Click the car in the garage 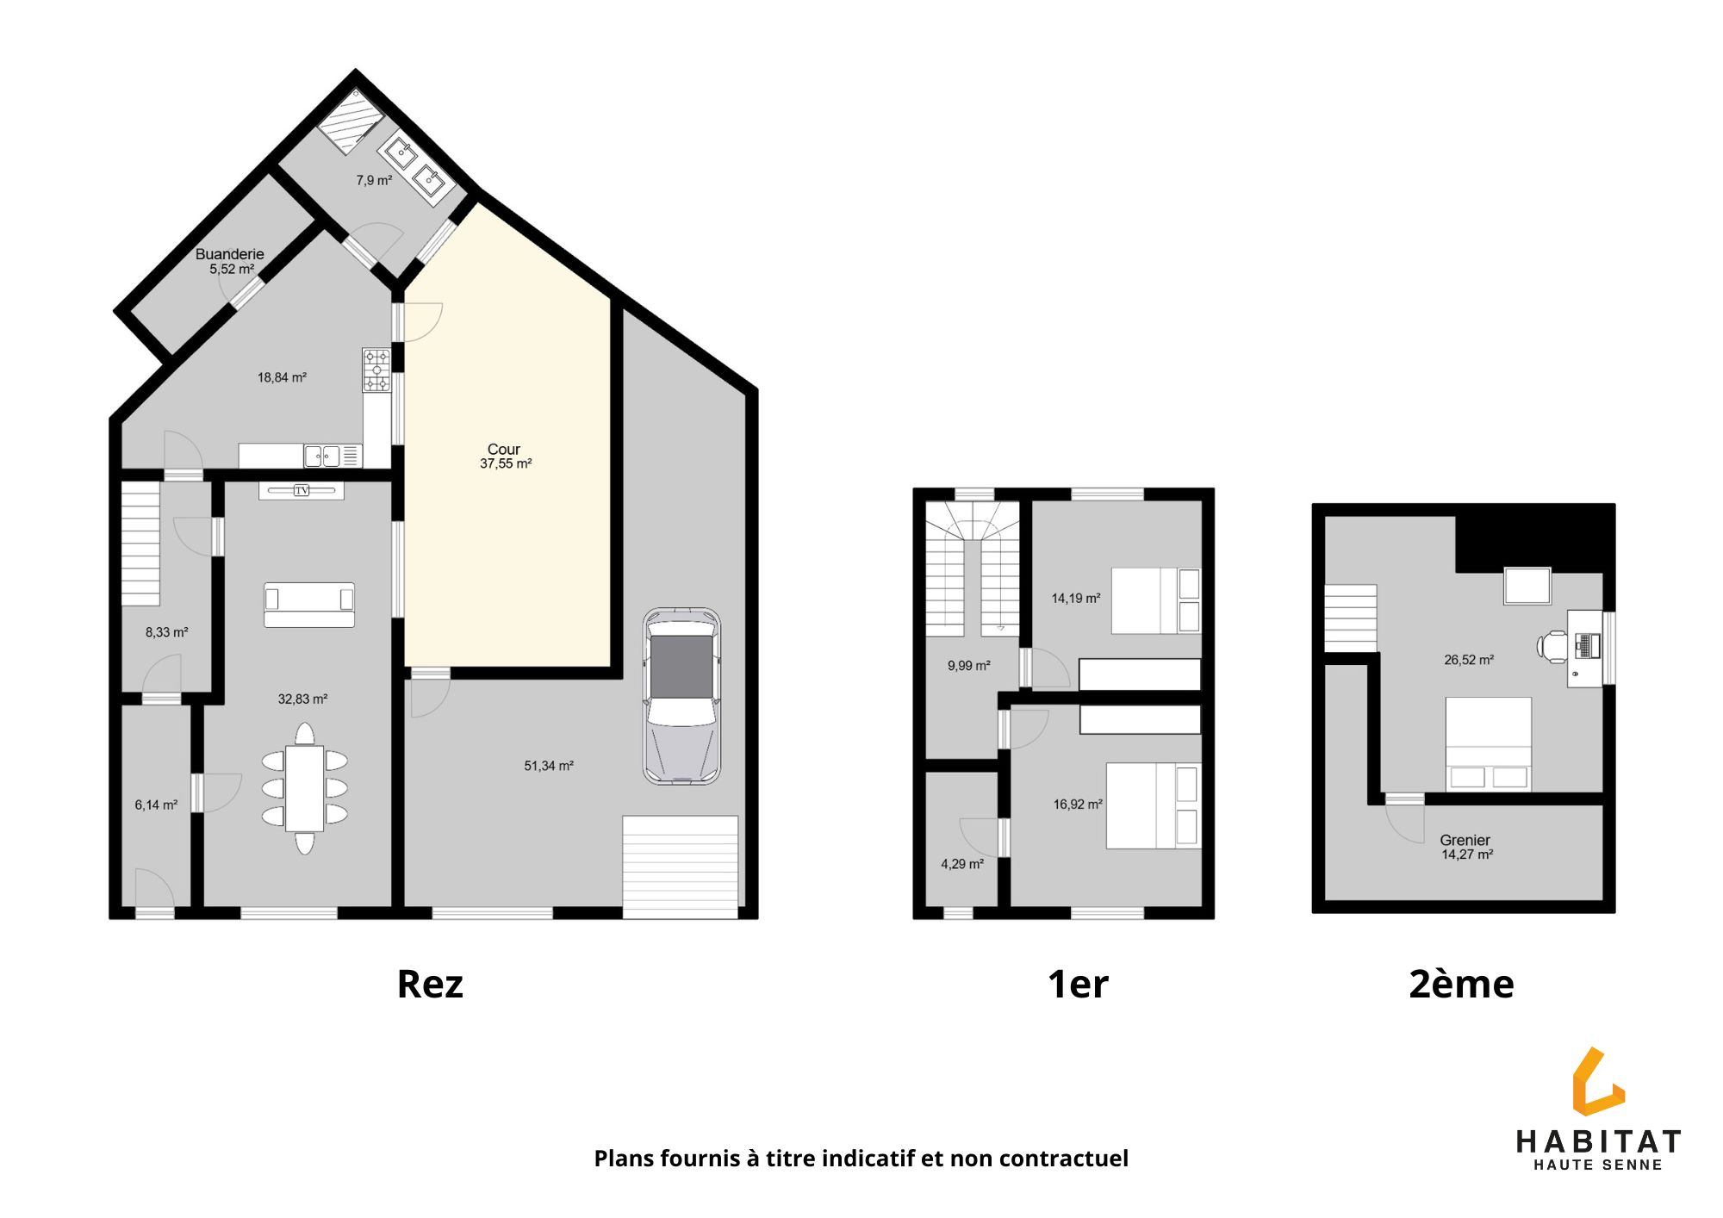[x=681, y=696]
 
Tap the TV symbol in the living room [x=302, y=490]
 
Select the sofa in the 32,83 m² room [x=309, y=605]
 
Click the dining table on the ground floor [x=304, y=788]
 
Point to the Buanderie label [x=229, y=254]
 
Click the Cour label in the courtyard [x=504, y=449]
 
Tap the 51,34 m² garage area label [x=549, y=766]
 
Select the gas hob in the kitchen [x=376, y=370]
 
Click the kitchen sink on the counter [x=322, y=456]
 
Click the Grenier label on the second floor [x=1465, y=840]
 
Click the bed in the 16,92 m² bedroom [x=1154, y=805]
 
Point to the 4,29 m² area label [x=962, y=864]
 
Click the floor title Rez [x=430, y=984]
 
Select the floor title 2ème [x=1461, y=984]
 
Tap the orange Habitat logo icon [x=1597, y=1082]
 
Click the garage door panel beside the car [x=681, y=867]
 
